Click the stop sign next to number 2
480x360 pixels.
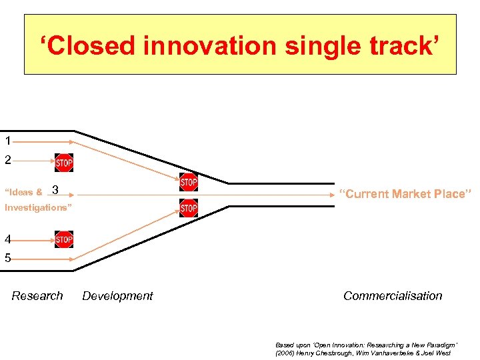click(x=64, y=162)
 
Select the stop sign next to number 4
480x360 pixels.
click(x=64, y=239)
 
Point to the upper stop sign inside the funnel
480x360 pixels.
click(x=189, y=181)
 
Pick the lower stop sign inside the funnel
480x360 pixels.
click(x=189, y=208)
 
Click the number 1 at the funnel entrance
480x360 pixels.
click(x=7, y=141)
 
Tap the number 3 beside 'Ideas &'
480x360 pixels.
click(x=55, y=191)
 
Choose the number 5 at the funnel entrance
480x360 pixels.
click(x=7, y=258)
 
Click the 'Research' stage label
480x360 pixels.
click(x=37, y=296)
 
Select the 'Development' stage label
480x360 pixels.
click(x=117, y=296)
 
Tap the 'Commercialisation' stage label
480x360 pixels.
click(x=393, y=296)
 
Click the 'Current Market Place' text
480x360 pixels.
click(x=405, y=194)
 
